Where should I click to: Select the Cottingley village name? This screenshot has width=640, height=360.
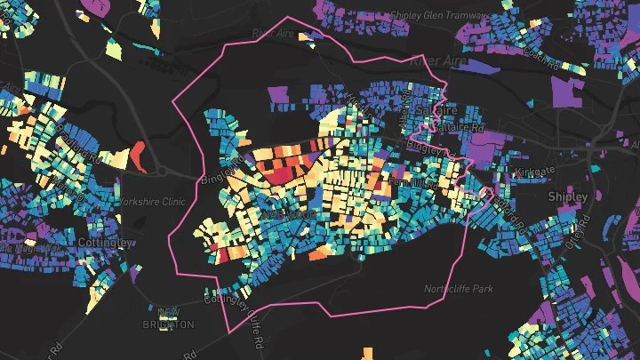click(x=105, y=243)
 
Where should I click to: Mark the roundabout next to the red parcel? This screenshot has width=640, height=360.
click(x=163, y=172)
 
